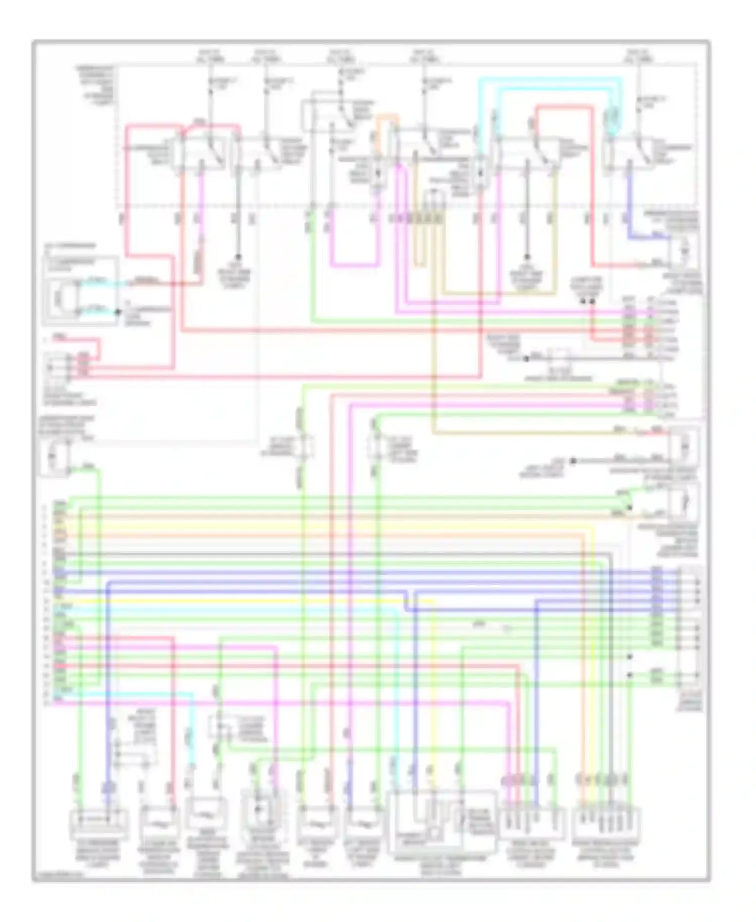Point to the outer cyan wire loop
549,79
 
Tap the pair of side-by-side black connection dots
587,301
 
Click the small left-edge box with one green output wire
54,457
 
